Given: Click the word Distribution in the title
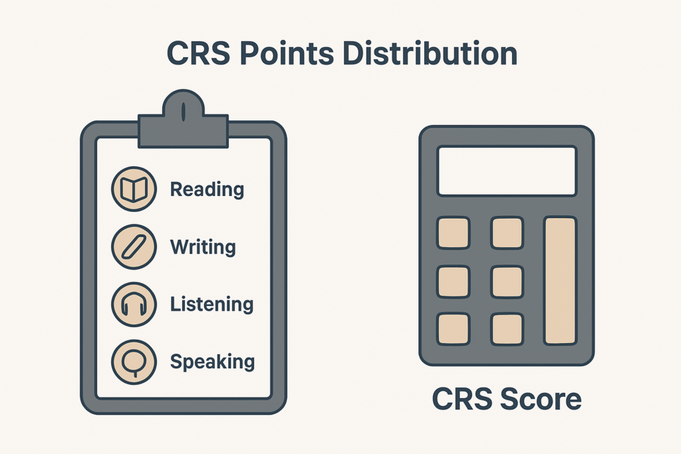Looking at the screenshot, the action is click(x=429, y=53).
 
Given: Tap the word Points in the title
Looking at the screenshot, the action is click(x=287, y=53).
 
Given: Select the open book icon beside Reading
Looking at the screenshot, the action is click(x=134, y=189).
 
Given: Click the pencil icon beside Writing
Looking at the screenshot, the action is click(x=134, y=247).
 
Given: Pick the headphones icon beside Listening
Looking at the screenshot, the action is click(x=134, y=304).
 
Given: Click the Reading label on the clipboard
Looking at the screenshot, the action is click(x=207, y=189).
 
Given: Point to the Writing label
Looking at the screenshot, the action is click(x=203, y=247).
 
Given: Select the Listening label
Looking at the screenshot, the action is click(x=211, y=304).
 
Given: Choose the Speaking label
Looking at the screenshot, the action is click(x=212, y=362).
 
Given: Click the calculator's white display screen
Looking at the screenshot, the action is click(x=507, y=171).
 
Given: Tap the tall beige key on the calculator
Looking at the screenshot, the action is click(x=560, y=281).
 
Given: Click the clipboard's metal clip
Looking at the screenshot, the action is click(x=183, y=120).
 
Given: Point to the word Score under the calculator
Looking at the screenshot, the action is click(x=541, y=399).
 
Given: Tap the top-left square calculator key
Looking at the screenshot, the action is click(x=454, y=233).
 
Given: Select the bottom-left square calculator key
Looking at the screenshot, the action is click(x=454, y=329).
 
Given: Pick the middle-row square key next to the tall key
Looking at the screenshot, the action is click(x=507, y=282).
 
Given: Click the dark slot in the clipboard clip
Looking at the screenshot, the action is click(x=184, y=112).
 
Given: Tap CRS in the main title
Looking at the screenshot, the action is click(x=198, y=53).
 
